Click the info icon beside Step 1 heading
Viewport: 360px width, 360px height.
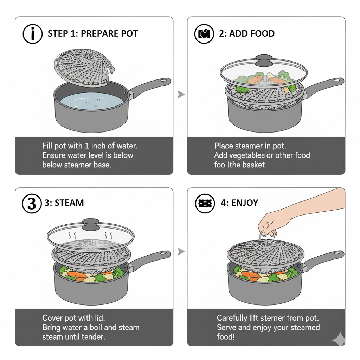[x=33, y=34]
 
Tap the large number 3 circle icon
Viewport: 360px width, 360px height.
[x=32, y=203]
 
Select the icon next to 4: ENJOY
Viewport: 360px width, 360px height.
[x=204, y=203]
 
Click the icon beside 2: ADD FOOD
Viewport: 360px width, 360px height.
[x=204, y=34]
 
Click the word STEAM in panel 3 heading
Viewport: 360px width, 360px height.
[x=69, y=203]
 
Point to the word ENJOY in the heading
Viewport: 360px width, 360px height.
[x=245, y=203]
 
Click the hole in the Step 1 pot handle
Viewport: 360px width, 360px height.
[x=163, y=81]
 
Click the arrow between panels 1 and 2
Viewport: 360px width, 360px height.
[x=181, y=94]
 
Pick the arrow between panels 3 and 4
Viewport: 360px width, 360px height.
[x=181, y=252]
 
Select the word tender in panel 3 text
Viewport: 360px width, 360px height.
[x=94, y=337]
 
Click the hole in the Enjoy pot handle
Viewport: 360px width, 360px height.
[x=336, y=253]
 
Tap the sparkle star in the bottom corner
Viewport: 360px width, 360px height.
[x=338, y=339]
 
